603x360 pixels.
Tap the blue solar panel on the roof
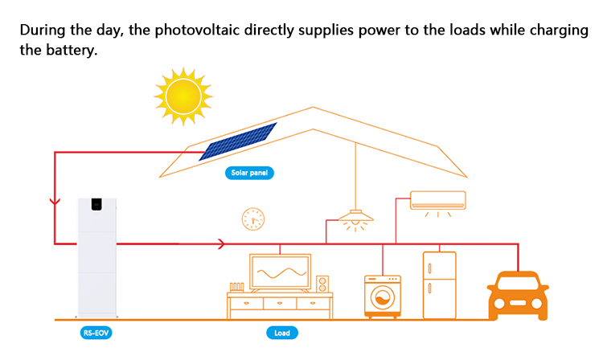238,141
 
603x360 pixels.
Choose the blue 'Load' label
282,332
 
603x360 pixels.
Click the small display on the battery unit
97,203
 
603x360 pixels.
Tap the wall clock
252,218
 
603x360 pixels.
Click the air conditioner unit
438,200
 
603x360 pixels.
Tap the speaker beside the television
322,284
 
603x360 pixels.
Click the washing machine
383,297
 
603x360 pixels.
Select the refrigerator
439,284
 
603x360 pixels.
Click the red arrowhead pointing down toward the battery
54,201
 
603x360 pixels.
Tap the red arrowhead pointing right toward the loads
223,243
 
